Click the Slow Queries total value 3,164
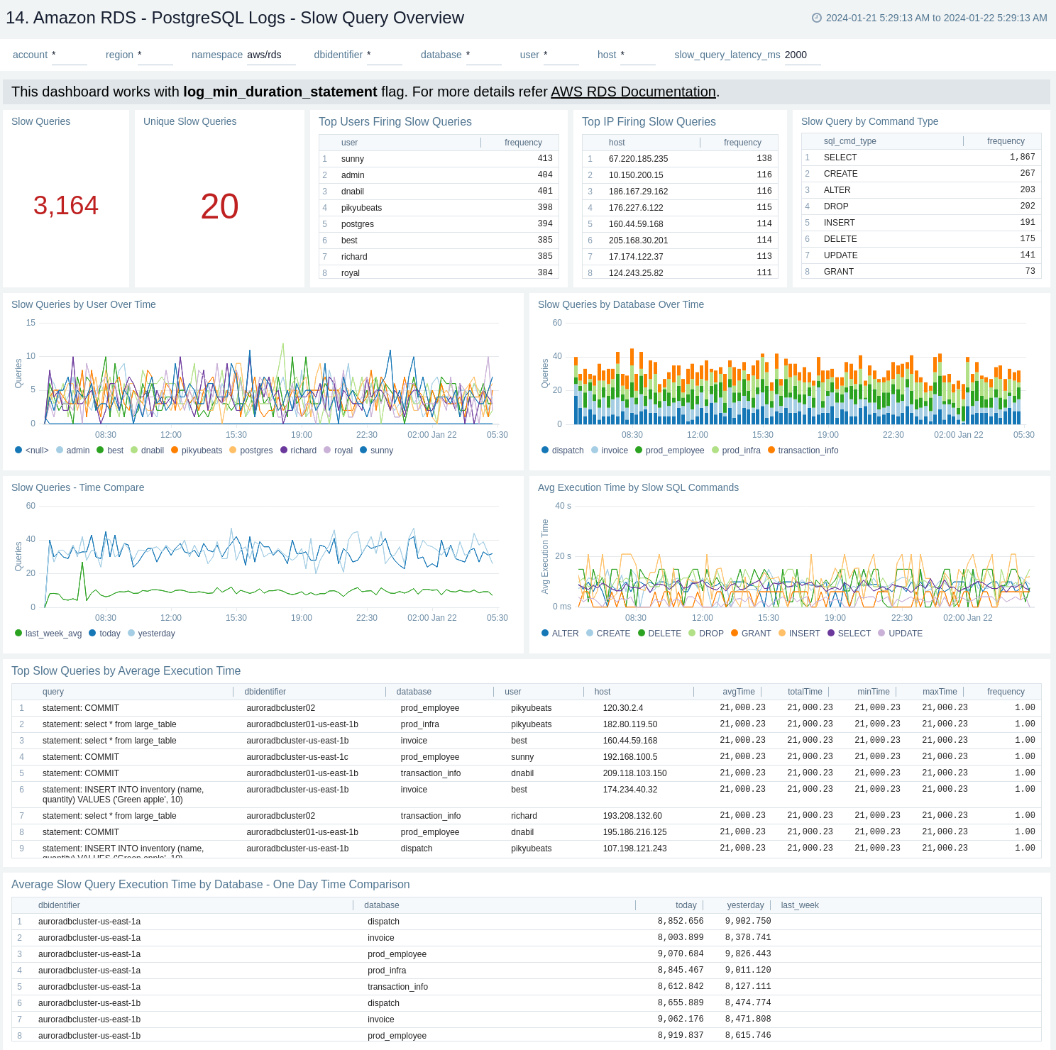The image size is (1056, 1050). [66, 206]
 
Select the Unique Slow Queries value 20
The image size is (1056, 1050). [219, 206]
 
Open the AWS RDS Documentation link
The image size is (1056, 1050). [633, 92]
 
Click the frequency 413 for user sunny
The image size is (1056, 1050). [544, 159]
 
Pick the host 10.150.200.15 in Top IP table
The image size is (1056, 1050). [636, 175]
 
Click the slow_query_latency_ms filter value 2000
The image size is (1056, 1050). [796, 55]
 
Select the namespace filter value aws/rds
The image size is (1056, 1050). [264, 55]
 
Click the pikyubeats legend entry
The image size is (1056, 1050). [202, 451]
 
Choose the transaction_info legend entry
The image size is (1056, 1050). [808, 451]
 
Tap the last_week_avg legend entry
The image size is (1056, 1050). [53, 634]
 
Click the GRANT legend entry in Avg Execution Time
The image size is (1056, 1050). [756, 634]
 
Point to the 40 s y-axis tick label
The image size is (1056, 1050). [563, 506]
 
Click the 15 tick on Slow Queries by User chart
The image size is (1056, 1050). [31, 323]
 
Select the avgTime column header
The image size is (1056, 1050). [738, 692]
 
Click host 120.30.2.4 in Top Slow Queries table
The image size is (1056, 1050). [622, 708]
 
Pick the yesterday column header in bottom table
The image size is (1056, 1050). [745, 905]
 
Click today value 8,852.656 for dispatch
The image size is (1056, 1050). [680, 922]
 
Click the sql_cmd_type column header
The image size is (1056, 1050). [849, 141]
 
